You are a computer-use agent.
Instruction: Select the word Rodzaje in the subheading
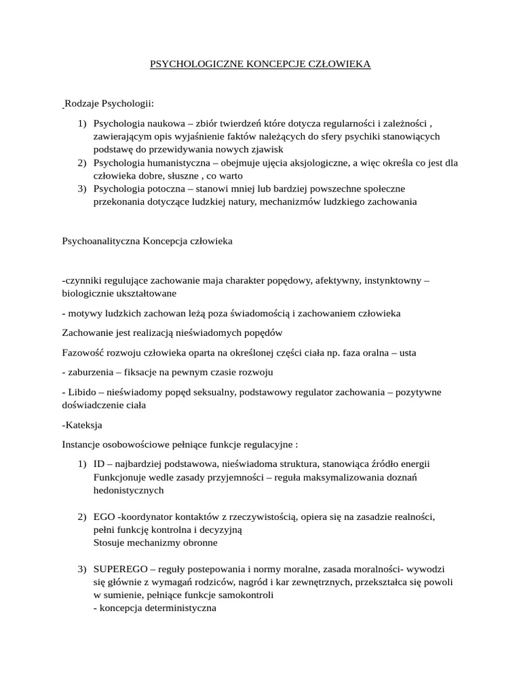point(81,104)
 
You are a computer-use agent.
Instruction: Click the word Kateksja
point(83,425)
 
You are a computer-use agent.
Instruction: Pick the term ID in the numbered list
point(100,464)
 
